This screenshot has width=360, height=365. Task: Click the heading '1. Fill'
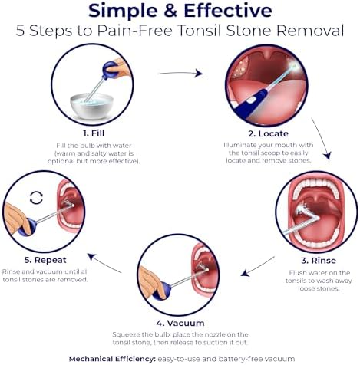point(94,133)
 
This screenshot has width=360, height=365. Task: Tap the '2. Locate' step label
point(268,133)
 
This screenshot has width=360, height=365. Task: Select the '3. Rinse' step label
point(319,261)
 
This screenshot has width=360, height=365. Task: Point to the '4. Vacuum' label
point(180,323)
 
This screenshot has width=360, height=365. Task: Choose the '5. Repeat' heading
point(45,260)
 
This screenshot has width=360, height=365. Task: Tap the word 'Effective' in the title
point(228,11)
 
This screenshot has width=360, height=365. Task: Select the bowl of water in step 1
point(91,106)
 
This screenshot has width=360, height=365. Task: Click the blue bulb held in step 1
point(111,71)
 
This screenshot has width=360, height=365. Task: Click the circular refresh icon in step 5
point(36,198)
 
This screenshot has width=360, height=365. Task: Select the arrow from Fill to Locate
point(180,73)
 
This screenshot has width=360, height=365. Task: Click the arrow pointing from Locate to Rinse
point(322,139)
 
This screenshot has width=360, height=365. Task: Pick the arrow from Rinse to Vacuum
point(258,267)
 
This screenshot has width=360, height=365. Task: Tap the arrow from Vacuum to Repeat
point(104,263)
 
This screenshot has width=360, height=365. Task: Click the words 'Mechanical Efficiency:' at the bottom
point(112,359)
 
